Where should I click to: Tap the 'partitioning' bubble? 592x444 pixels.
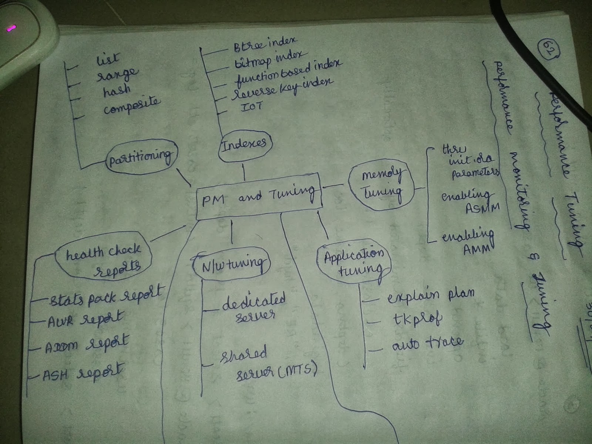pyautogui.click(x=141, y=157)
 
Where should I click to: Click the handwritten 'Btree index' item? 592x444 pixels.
pyautogui.click(x=264, y=45)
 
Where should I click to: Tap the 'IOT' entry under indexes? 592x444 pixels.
pyautogui.click(x=252, y=107)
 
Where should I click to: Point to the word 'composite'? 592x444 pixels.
pyautogui.click(x=132, y=106)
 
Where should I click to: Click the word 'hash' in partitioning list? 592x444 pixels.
pyautogui.click(x=117, y=90)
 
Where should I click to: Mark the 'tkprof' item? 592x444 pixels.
pyautogui.click(x=417, y=319)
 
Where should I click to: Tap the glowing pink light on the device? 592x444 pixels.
pyautogui.click(x=11, y=28)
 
